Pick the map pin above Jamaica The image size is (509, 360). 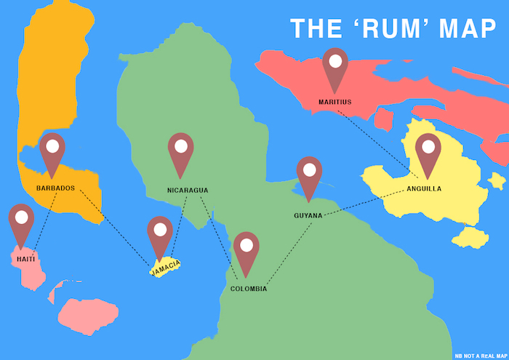[160, 234]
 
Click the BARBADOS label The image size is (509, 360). [55, 188]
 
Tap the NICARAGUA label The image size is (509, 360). [188, 191]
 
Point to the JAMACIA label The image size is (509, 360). [165, 268]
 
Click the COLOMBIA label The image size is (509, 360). [249, 289]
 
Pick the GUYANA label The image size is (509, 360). [308, 215]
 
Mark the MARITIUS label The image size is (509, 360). [335, 102]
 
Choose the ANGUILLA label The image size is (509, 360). [424, 189]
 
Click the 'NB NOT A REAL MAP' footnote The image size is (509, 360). [480, 356]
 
